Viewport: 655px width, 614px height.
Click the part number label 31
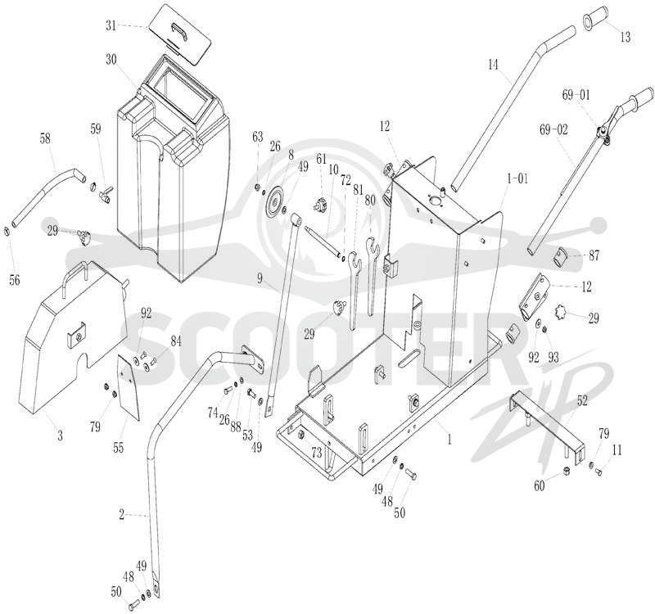point(111,26)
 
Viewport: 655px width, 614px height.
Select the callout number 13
point(625,37)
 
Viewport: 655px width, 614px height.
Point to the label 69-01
point(576,95)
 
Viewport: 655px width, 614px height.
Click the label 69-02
point(553,130)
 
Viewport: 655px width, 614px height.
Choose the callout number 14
point(494,65)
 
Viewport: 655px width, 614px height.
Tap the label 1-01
point(517,178)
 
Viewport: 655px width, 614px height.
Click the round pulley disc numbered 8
point(275,201)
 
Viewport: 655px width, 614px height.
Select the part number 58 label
point(46,138)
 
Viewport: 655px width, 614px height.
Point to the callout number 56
point(15,280)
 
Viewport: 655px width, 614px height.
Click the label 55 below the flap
point(118,448)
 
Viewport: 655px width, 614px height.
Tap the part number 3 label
point(60,436)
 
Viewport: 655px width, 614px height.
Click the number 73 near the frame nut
point(317,453)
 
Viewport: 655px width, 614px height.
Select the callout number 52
point(582,400)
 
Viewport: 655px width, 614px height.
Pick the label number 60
point(540,486)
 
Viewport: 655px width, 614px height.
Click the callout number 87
point(594,255)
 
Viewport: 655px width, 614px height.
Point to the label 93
point(553,358)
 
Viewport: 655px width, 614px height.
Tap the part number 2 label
point(121,515)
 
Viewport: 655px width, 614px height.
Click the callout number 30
point(111,60)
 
